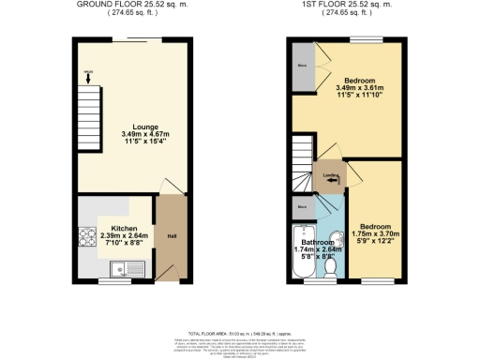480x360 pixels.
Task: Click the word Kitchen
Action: point(126,228)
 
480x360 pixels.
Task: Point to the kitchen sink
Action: point(123,269)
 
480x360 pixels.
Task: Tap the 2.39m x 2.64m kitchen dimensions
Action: point(126,236)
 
